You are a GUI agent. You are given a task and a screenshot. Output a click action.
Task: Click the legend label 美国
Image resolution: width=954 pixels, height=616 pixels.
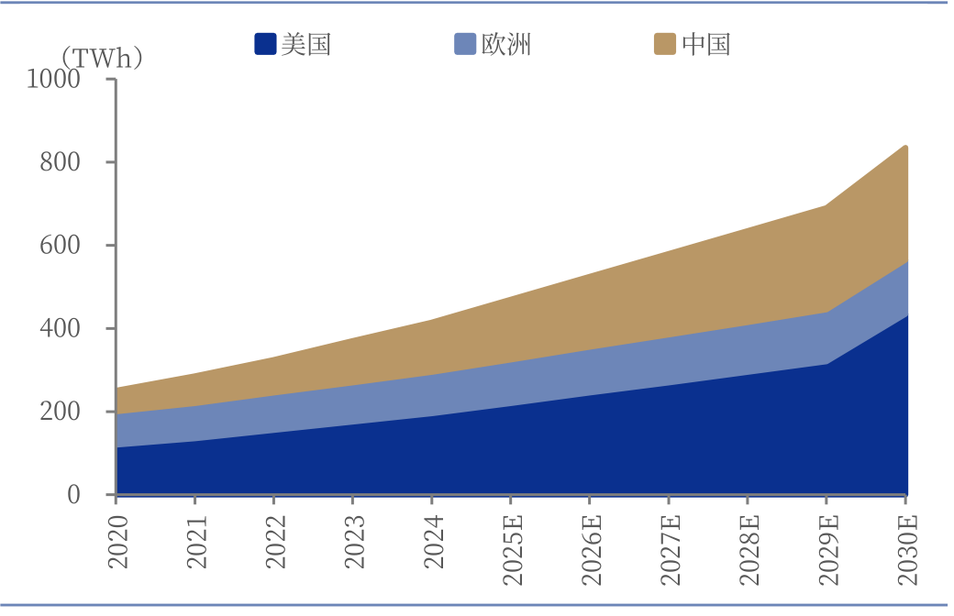(306, 44)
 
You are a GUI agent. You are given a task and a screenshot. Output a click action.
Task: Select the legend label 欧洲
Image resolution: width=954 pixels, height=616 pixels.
(506, 44)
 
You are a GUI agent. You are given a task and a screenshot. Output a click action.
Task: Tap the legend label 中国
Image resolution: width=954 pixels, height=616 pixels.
(705, 44)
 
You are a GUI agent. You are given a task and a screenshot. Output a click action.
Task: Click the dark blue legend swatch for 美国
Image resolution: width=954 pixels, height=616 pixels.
(265, 44)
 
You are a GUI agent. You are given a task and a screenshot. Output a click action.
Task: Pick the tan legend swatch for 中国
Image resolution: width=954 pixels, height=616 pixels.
(665, 44)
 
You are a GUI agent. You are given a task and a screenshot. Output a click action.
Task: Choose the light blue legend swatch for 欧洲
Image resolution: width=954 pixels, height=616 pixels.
(465, 44)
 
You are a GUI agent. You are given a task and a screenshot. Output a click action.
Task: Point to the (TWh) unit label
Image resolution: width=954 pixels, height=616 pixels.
(102, 59)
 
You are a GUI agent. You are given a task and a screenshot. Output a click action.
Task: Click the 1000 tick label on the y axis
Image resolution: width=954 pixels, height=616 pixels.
(53, 79)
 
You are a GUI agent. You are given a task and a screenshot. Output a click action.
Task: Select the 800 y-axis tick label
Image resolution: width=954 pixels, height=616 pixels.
(61, 162)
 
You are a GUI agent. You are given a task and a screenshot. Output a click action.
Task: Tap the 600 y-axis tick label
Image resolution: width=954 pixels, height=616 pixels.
(61, 245)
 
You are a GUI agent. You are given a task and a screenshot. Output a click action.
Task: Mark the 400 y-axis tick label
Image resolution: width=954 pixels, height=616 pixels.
(61, 328)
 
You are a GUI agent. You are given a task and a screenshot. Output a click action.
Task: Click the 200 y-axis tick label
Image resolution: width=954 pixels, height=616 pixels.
(61, 412)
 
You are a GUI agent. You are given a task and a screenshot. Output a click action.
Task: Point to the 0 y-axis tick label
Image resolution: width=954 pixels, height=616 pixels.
(73, 495)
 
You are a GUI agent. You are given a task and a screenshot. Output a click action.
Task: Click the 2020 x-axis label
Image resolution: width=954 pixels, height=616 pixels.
(118, 542)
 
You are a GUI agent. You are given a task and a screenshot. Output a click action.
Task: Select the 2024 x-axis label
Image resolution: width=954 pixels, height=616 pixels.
(434, 542)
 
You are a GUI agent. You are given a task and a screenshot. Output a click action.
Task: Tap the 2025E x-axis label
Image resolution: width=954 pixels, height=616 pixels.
(513, 550)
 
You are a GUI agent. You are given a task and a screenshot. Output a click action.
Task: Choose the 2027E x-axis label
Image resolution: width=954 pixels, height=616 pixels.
(671, 550)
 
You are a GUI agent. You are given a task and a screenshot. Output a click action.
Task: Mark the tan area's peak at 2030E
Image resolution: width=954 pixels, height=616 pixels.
(906, 146)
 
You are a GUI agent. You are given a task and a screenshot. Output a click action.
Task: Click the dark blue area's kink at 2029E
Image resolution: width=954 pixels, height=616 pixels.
(826, 364)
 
